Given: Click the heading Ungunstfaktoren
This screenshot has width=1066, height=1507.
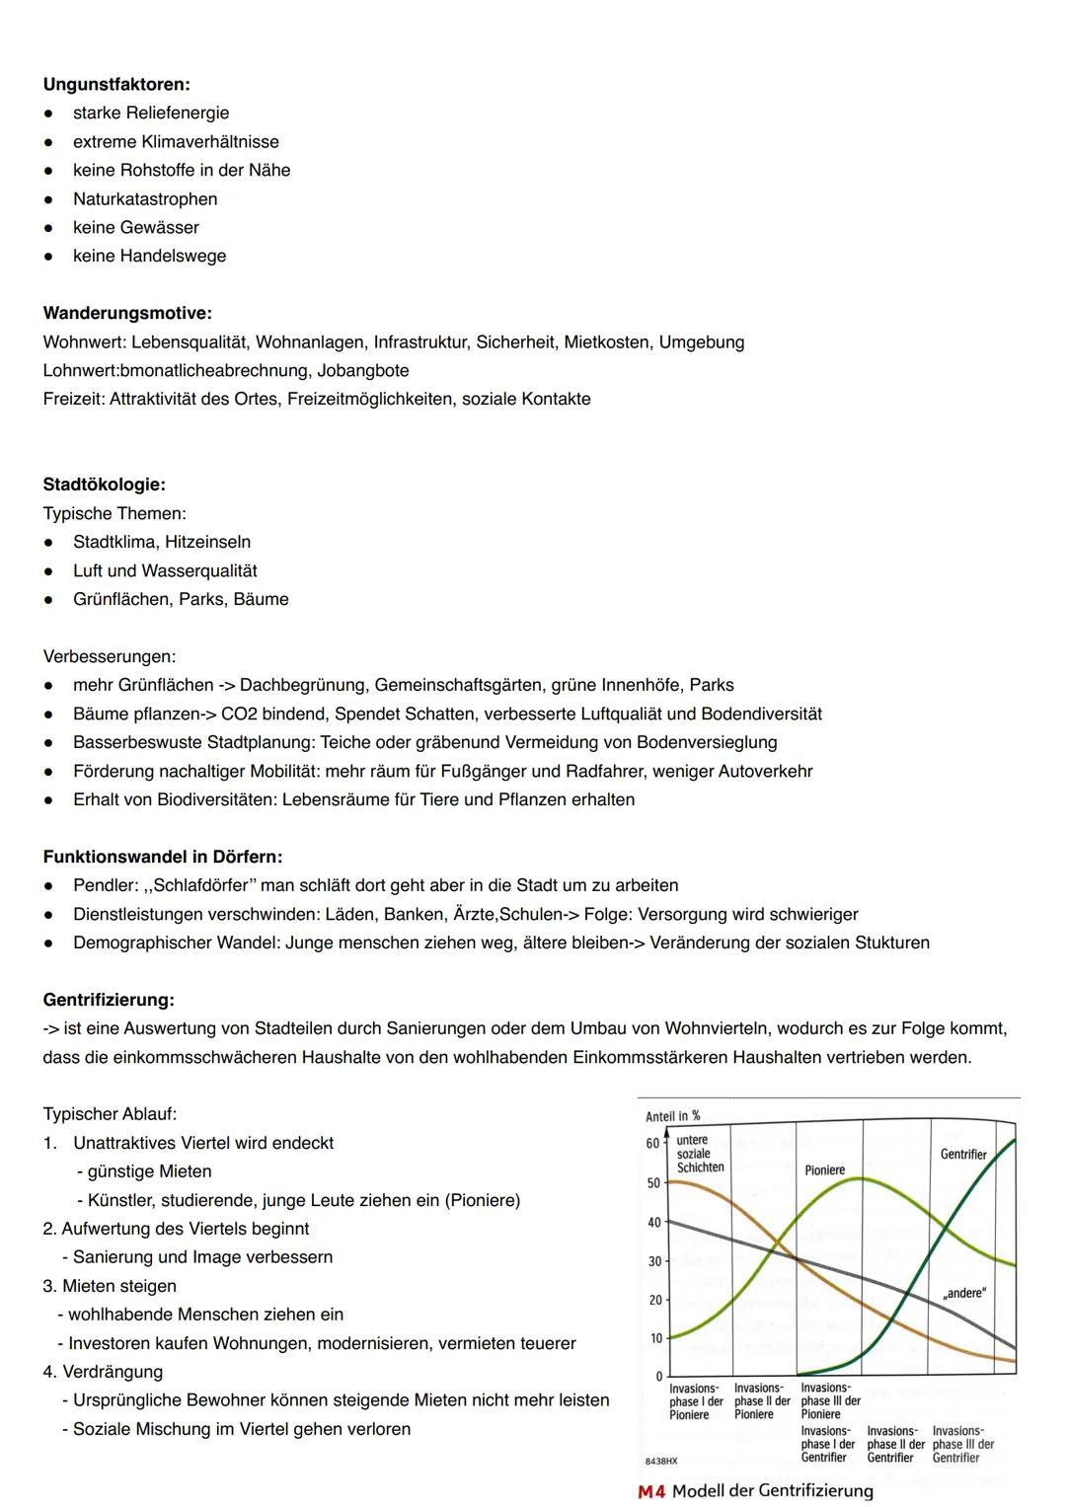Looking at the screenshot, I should pos(116,85).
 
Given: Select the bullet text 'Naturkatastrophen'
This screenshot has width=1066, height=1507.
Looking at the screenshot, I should pos(145,199).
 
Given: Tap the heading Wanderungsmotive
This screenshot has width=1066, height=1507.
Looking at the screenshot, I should pos(127,314).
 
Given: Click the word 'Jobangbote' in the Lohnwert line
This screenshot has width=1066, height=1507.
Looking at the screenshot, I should pos(363,371).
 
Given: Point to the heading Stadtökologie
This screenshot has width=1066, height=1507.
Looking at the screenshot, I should pos(105,486).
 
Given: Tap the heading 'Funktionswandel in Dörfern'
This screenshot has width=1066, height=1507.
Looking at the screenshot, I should pos(163,858).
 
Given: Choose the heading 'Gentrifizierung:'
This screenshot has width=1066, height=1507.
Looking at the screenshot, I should pos(109,1001).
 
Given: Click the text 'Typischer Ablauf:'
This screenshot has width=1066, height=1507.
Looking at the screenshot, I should pos(110,1114).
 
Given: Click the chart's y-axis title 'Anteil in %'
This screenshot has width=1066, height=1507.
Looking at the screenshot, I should pos(672,1116).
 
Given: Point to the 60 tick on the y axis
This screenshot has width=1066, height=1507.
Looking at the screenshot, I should pos(652,1144).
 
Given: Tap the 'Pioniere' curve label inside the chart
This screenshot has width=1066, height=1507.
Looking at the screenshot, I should pos(824,1170).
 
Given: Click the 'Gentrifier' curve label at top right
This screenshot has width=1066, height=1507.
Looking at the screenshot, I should pos(963,1155).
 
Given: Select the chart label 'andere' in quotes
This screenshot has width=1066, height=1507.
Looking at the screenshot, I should pos(963,1293).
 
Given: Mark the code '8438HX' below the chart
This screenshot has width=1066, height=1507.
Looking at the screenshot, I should pos(660,1460).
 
